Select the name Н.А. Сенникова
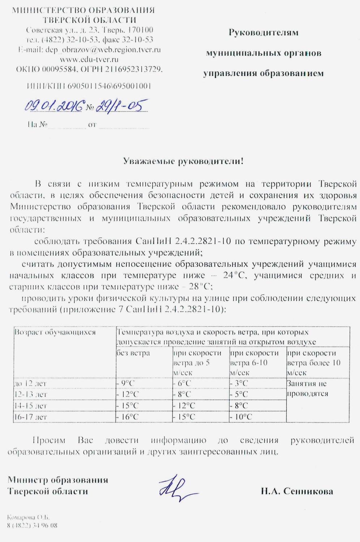tap(297, 491)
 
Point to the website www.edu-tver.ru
tap(89, 59)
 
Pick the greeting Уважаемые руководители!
tap(183, 161)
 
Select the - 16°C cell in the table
tap(127, 417)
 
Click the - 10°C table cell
tap(241, 417)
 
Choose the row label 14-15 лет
tap(30, 406)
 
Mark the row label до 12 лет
tap(30, 383)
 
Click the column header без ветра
tap(133, 353)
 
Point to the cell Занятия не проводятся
tap(307, 389)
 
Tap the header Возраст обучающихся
tap(55, 332)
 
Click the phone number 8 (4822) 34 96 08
tap(32, 525)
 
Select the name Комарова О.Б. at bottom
tap(28, 517)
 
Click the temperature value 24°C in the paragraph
tap(235, 275)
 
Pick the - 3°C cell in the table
tap(239, 383)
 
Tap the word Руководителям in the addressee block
tap(263, 33)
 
